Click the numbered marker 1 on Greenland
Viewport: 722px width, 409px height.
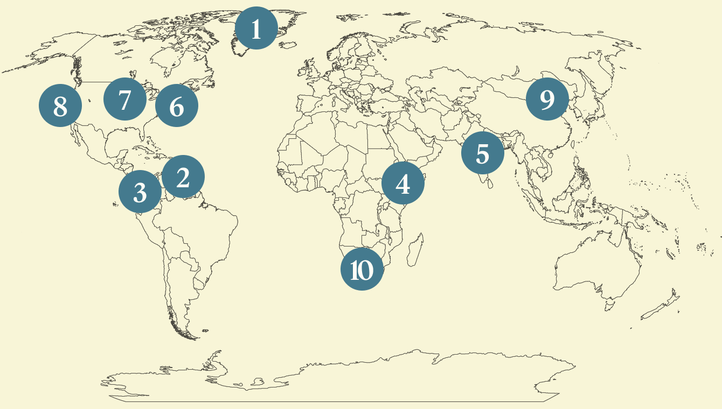click(256, 28)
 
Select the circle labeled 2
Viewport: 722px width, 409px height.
click(183, 177)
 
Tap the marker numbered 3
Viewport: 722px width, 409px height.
click(140, 192)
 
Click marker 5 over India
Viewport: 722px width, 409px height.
click(482, 153)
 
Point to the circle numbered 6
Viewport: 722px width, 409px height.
click(176, 105)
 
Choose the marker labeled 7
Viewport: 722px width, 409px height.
click(124, 99)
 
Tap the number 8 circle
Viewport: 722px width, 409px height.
click(60, 105)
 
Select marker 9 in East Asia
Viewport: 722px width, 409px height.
click(547, 99)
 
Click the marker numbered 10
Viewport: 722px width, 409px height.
click(362, 269)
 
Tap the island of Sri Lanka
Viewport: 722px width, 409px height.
click(489, 183)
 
